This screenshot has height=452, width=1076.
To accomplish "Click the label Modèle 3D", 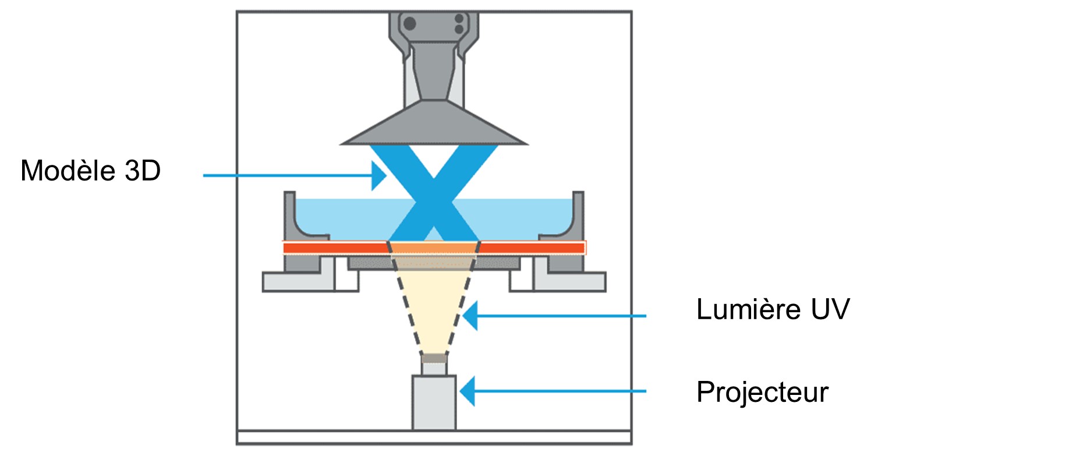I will click(90, 171).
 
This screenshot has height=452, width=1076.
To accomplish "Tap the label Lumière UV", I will click(773, 309).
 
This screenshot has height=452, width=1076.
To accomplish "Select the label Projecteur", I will click(762, 392).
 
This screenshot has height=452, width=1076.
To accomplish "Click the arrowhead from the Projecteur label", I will click(468, 391).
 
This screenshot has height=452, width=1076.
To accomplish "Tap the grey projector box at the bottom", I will click(434, 402).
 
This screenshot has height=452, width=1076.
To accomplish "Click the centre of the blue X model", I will click(434, 195).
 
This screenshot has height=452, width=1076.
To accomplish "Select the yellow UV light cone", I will click(434, 309).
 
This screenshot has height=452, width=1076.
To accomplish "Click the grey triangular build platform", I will click(434, 125).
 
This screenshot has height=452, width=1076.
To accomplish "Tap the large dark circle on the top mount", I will click(409, 24).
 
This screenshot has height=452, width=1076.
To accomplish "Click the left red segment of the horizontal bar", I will click(335, 248).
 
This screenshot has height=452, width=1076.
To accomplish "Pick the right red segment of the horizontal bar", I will click(532, 248).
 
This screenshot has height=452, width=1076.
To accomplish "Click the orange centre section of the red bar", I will click(434, 248).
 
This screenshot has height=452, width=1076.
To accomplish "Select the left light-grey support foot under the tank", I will click(297, 282).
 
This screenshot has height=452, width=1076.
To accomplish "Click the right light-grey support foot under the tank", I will click(571, 282).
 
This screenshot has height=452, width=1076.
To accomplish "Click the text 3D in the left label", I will click(143, 171).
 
